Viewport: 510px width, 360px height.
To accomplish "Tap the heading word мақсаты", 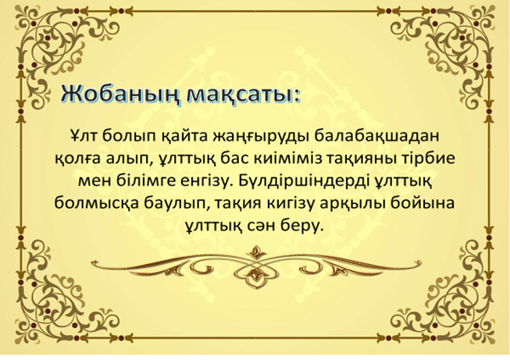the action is point(242,95).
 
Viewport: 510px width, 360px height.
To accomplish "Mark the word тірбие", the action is point(428,159).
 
